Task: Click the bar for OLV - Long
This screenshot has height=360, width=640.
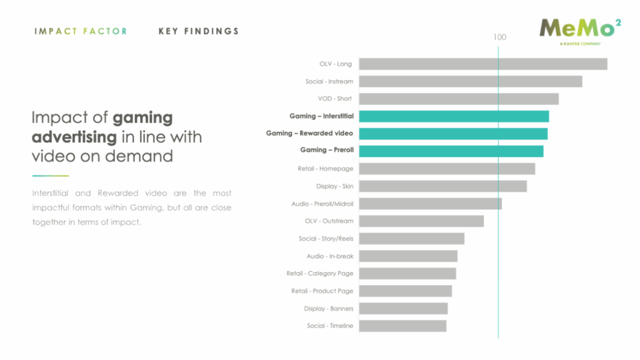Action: [x=482, y=64]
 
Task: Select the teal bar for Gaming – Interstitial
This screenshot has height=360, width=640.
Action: [x=454, y=116]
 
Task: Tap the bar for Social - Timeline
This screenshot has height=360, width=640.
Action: [x=402, y=326]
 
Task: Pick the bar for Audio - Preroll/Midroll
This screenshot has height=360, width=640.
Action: [x=430, y=204]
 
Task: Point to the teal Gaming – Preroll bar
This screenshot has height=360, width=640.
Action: [x=451, y=151]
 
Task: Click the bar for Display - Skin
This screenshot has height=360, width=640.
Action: [x=442, y=186]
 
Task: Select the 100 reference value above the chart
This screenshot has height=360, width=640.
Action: [x=499, y=37]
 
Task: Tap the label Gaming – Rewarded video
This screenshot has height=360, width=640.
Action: [x=309, y=133]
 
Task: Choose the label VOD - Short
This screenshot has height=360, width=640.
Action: [x=335, y=99]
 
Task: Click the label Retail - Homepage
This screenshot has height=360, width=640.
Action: [x=326, y=169]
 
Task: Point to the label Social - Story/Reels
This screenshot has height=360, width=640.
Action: [x=326, y=239]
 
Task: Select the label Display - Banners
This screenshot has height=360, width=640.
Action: [x=329, y=309]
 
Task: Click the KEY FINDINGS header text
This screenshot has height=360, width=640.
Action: [x=199, y=31]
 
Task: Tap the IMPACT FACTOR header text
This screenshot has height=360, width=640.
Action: [x=81, y=31]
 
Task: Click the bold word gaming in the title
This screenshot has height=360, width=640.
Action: [x=142, y=117]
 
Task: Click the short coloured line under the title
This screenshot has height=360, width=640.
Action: [x=50, y=176]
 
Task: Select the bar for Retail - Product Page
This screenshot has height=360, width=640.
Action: [x=405, y=291]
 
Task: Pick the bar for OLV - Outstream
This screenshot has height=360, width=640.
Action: [x=421, y=221]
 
